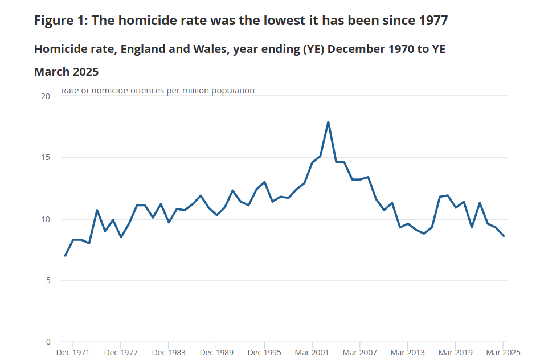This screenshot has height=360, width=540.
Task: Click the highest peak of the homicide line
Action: pos(328,122)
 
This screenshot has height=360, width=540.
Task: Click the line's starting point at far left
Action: pos(65,255)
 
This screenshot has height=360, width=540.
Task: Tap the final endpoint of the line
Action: pos(504,236)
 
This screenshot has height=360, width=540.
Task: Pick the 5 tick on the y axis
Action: pos(48,281)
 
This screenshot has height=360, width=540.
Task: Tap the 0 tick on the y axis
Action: pos(48,342)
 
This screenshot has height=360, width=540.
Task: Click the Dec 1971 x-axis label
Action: pos(73,353)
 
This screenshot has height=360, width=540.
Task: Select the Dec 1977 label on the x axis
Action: pos(121,353)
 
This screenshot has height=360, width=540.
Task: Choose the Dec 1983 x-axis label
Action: pos(169,353)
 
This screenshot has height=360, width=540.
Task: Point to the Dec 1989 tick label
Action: pos(216,353)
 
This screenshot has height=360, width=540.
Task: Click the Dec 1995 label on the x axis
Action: pos(264,353)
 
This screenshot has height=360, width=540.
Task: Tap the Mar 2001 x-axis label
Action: pos(312,353)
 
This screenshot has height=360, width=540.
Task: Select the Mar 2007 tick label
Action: pos(360,353)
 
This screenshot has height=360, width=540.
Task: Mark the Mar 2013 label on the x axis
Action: pos(408,353)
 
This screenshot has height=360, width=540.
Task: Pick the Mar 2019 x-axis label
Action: pos(456,353)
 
